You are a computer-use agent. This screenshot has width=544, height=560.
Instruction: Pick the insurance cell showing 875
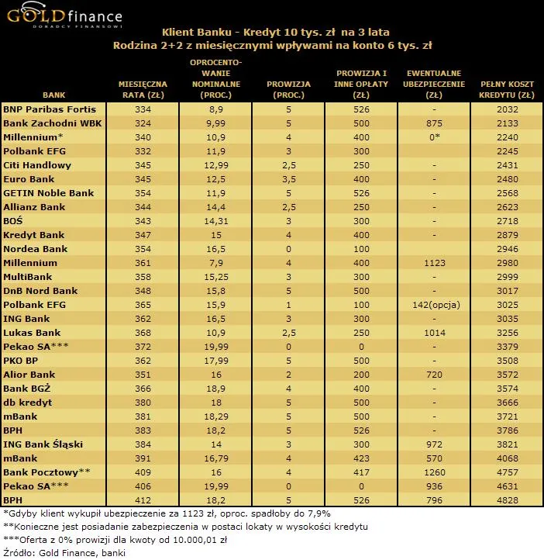pyautogui.click(x=434, y=124)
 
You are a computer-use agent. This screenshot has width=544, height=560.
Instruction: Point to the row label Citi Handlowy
pyautogui.click(x=37, y=165)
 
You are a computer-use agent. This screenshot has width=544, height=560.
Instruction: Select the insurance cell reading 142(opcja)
pyautogui.click(x=434, y=305)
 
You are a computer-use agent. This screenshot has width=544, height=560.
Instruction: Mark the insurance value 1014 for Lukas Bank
pyautogui.click(x=434, y=333)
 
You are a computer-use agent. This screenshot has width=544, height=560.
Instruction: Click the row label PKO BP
pyautogui.click(x=22, y=361)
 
